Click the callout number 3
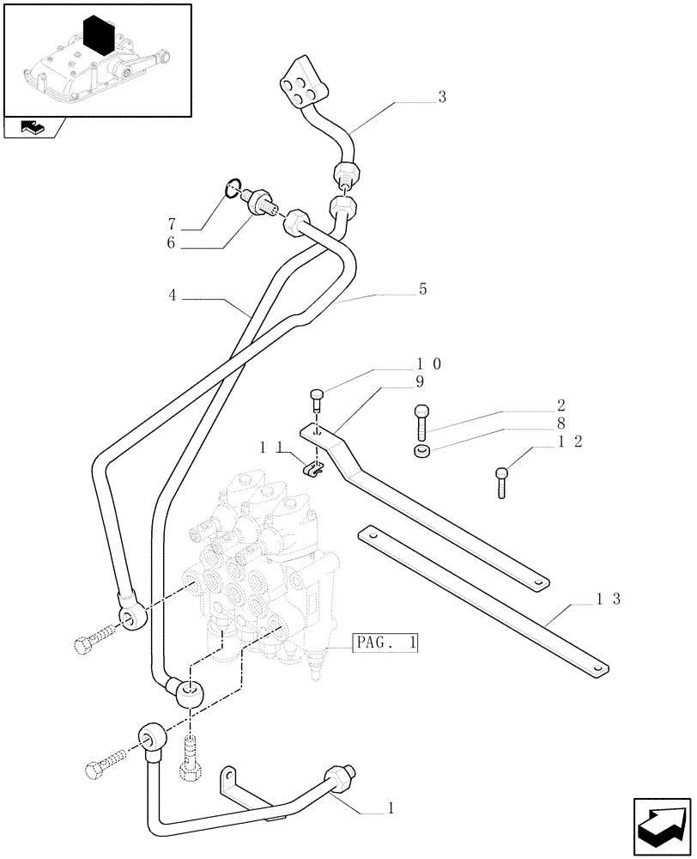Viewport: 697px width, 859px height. point(441,98)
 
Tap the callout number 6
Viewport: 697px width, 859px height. point(173,244)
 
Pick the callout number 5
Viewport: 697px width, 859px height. point(422,290)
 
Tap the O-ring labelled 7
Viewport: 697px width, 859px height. point(232,186)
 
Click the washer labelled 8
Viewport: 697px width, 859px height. point(421,452)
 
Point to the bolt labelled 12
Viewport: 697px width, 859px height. point(502,481)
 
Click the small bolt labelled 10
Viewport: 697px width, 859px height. point(317,399)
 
